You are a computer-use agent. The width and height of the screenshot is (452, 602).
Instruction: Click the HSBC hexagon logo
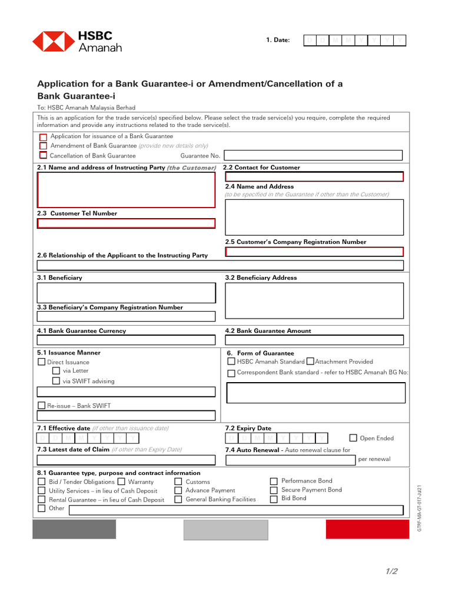[53, 41]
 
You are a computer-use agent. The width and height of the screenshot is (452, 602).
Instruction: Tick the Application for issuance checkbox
[43, 136]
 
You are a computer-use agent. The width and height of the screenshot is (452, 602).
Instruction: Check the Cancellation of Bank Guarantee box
[43, 155]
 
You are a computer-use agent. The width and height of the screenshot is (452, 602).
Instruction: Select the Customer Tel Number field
[126, 223]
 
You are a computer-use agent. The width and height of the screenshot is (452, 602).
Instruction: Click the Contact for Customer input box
[314, 176]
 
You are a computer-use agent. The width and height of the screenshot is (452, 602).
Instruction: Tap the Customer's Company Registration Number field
[314, 252]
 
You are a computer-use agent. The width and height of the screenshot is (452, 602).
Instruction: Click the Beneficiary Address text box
[314, 300]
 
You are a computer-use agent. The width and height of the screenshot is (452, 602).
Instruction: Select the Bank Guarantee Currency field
[126, 340]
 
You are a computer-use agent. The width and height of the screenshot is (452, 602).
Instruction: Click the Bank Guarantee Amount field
[314, 340]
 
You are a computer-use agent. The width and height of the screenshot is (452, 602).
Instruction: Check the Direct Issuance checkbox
[42, 362]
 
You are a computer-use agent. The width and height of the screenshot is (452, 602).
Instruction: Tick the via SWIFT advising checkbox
[56, 381]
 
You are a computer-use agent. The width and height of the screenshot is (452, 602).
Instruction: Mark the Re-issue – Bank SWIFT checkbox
[42, 406]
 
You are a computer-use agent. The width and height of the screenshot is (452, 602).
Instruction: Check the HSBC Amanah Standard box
[231, 362]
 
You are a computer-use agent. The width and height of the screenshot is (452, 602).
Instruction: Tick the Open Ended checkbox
[353, 438]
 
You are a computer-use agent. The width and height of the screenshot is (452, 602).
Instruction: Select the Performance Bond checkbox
[274, 481]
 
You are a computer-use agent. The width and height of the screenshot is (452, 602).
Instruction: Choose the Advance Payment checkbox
[178, 490]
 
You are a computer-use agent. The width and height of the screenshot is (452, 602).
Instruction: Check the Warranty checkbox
[121, 481]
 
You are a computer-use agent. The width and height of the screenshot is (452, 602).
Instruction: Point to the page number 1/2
[392, 571]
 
